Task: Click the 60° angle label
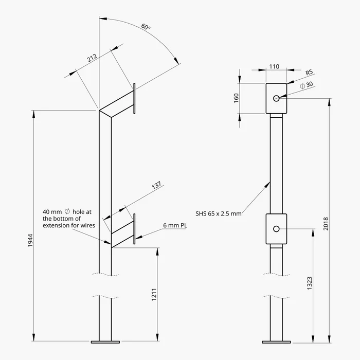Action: click(146, 27)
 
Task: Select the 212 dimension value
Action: click(92, 58)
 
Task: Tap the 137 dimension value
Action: click(156, 185)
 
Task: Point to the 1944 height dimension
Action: click(30, 240)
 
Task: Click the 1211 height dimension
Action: click(154, 295)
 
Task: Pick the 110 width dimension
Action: click(274, 66)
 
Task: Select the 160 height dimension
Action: click(236, 98)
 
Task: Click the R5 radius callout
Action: click(309, 73)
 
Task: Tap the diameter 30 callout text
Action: click(307, 85)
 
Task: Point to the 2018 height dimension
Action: click(326, 224)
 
